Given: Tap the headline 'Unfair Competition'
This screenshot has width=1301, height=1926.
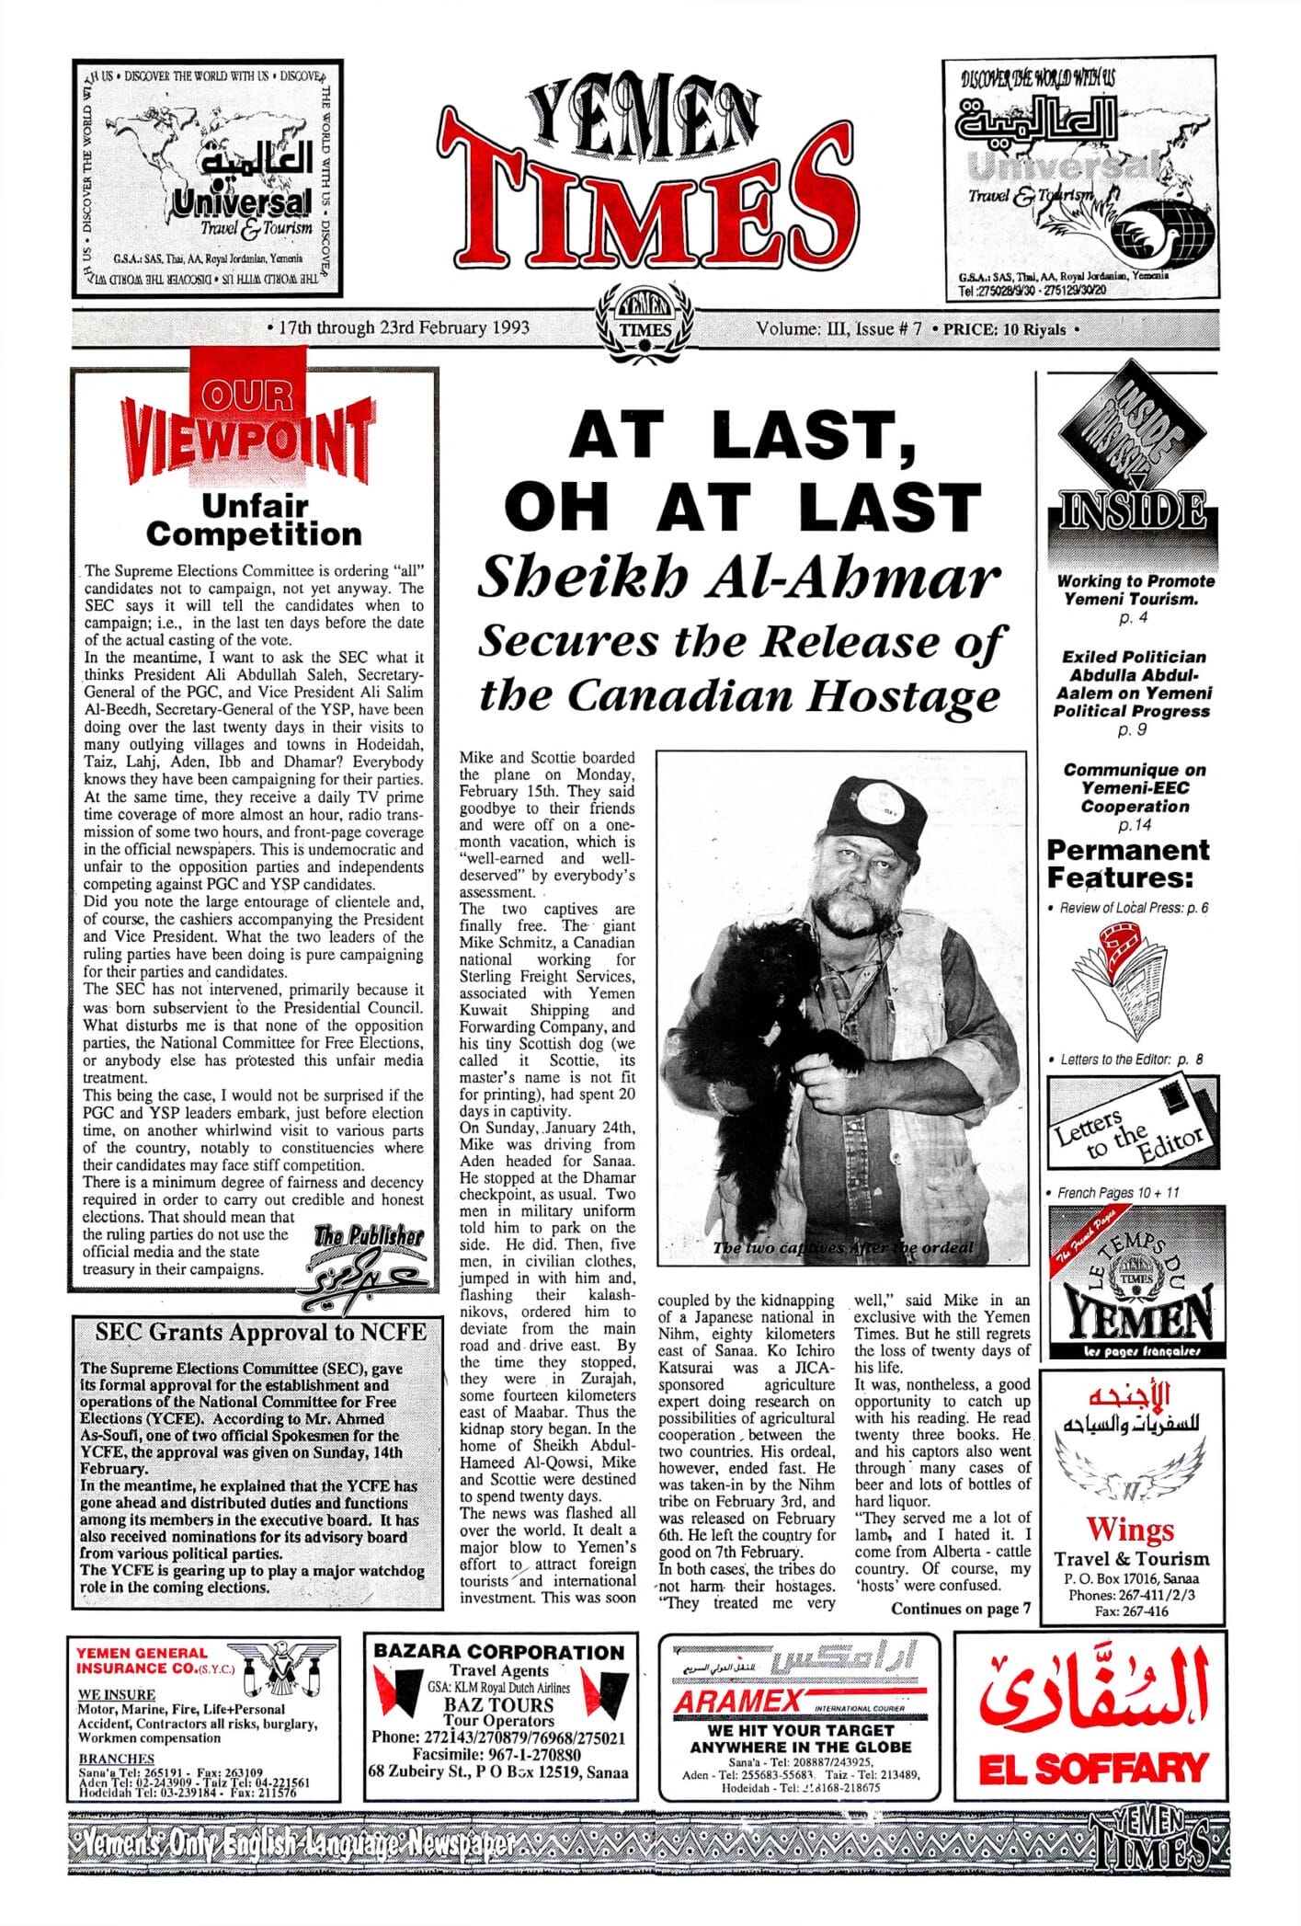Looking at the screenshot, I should [254, 520].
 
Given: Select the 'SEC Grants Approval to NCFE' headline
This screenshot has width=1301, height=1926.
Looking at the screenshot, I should [260, 1332].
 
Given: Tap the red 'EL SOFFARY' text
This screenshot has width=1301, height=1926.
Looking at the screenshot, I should [1092, 1769].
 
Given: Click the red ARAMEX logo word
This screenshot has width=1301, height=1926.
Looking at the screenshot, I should [737, 1702].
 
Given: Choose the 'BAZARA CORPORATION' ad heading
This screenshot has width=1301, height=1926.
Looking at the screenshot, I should [498, 1652].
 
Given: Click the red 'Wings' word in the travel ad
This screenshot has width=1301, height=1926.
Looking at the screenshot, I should [1130, 1529].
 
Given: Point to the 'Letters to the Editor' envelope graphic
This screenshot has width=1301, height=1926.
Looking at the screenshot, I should [1135, 1123].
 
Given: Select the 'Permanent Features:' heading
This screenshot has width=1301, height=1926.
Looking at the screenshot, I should [1127, 863].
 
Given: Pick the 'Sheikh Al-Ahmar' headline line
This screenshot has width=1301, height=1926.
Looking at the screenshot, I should [738, 579].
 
